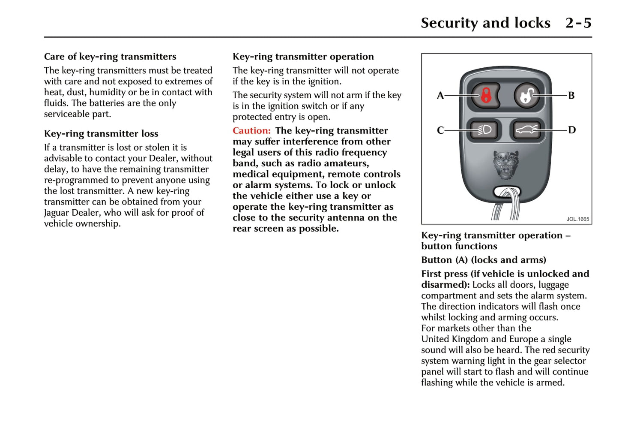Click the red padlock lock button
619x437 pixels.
pos(486,95)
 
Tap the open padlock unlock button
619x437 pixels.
pos(526,95)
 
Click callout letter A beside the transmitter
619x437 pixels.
pos(440,96)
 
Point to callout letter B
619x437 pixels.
pos(571,96)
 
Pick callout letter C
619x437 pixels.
pos(440,130)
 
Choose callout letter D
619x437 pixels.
pos(571,130)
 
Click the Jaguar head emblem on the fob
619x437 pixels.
pos(506,165)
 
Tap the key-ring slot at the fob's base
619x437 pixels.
pos(507,192)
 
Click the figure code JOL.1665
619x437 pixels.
pos(577,219)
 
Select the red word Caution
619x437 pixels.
pos(251,131)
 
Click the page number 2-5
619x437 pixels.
pos(578,23)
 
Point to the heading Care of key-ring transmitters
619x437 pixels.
pos(110,57)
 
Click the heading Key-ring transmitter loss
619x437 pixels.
pos(101,134)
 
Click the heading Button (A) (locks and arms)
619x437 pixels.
pos(484,260)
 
